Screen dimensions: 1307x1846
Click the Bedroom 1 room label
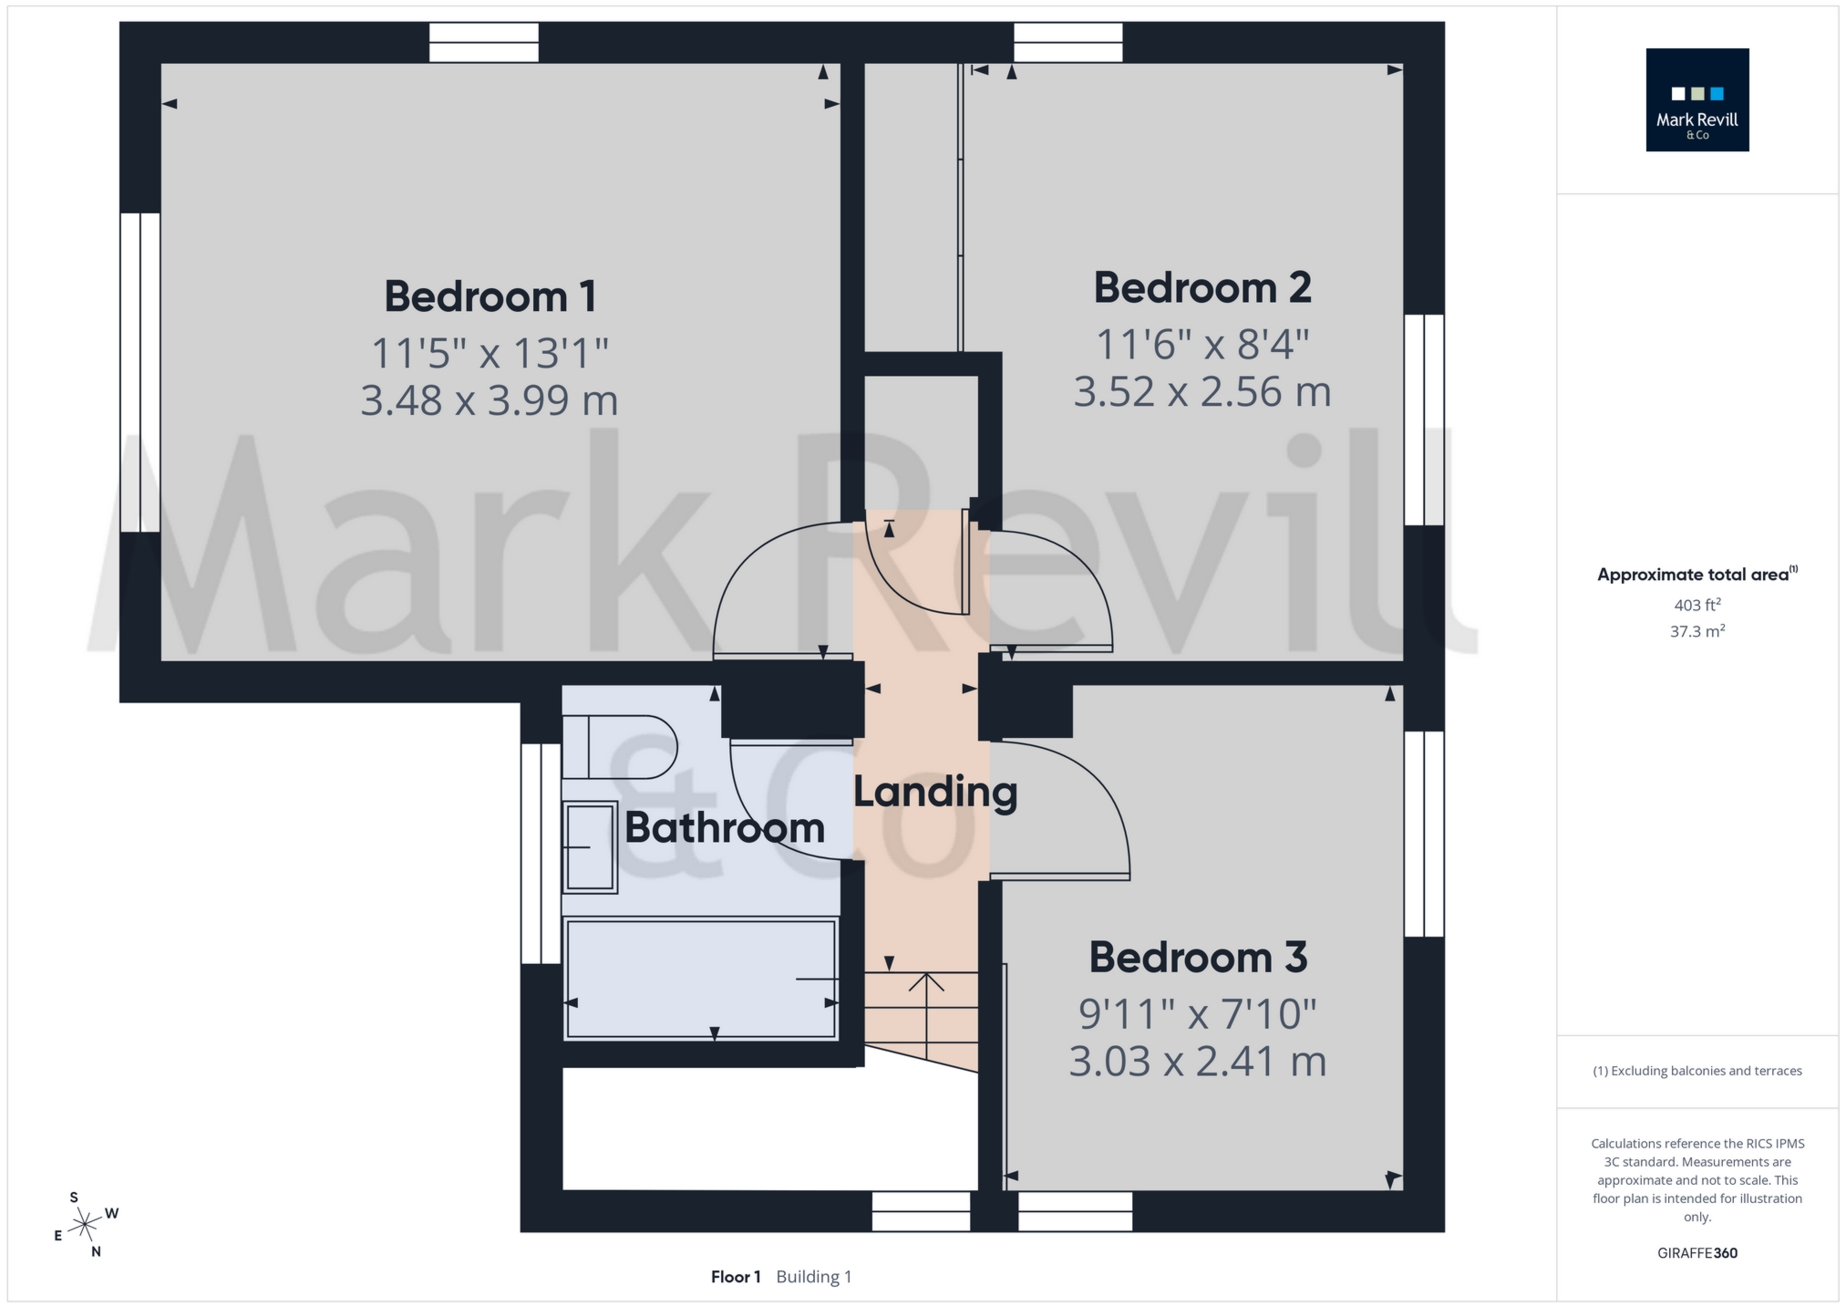pos(490,296)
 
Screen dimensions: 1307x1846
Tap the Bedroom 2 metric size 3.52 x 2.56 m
pos(1201,392)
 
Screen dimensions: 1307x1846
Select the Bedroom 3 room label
pos(1198,958)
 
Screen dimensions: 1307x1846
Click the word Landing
pos(935,792)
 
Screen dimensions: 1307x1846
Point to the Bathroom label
pos(725,828)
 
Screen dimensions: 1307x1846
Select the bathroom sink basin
pos(591,846)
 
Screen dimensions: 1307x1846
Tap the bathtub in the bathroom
pos(700,980)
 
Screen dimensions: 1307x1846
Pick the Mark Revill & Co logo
pos(1696,100)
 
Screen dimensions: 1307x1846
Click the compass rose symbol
pos(85,1223)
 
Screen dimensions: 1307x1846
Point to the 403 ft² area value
pos(1696,605)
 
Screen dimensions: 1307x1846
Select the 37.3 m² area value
pos(1696,631)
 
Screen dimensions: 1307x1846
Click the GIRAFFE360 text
pos(1696,1253)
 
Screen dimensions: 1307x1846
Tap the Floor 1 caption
pos(736,1277)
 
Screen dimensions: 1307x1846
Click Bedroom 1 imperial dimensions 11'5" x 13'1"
pos(490,353)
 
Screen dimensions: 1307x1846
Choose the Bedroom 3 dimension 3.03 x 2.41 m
pos(1197,1062)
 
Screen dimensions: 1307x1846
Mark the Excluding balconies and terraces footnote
pos(1696,1071)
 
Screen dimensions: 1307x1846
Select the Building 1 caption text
pos(813,1277)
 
